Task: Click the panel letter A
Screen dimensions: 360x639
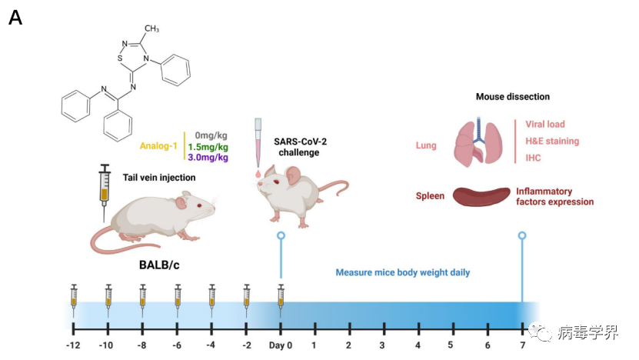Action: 15,18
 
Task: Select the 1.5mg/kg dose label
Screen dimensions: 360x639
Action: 208,146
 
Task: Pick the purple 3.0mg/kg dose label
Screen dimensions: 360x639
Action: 208,158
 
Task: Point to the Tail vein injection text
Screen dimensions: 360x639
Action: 159,178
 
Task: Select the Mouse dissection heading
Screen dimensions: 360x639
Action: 513,97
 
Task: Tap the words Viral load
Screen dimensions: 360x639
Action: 545,124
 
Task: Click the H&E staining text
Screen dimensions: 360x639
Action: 552,142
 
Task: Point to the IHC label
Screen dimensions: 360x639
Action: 534,158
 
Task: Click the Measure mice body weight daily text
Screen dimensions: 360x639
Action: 402,272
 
